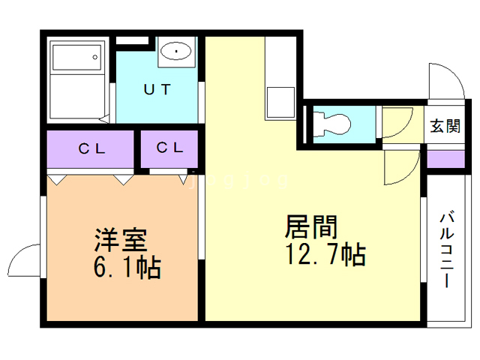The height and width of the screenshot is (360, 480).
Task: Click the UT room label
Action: point(157,89)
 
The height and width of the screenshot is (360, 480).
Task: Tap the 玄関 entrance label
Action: point(445,126)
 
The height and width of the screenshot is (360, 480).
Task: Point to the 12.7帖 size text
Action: point(324,255)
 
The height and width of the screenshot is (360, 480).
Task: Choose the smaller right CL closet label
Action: point(170,148)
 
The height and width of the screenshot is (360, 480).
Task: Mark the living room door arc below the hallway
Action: point(400,166)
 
